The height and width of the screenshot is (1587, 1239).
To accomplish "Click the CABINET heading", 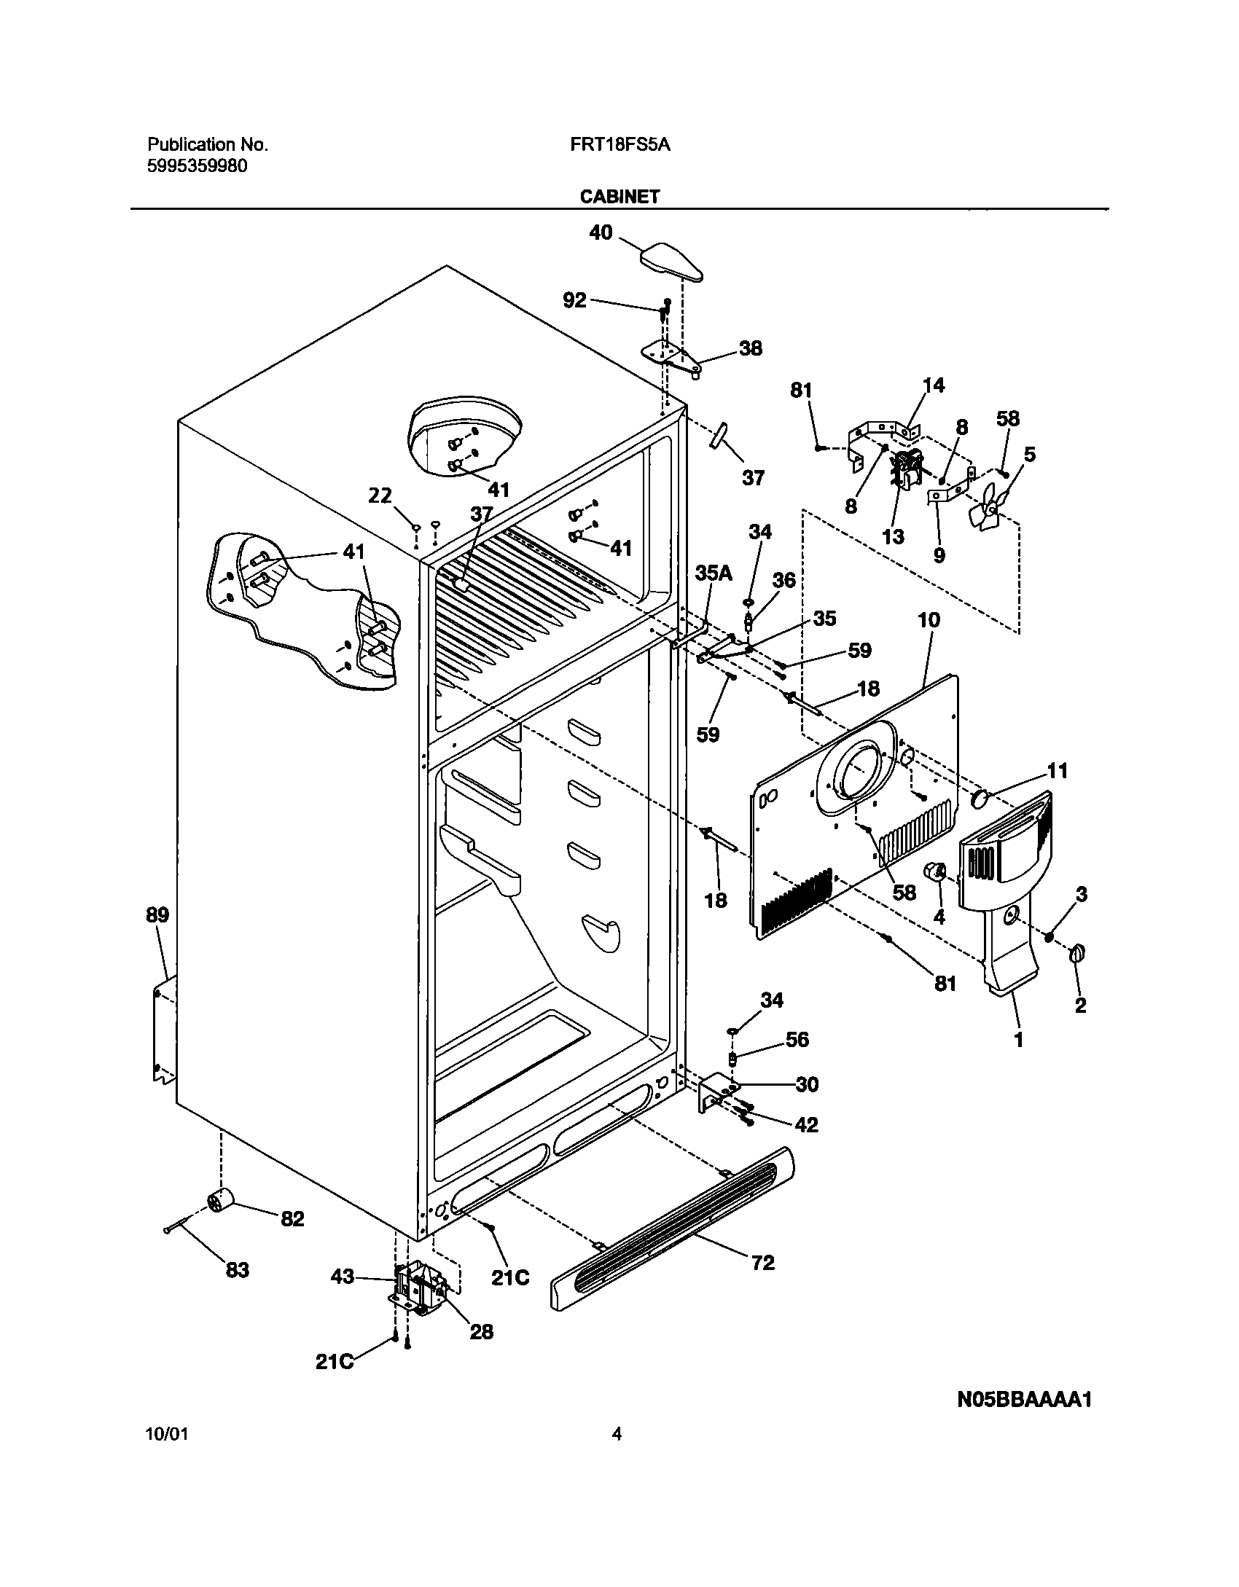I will tap(619, 197).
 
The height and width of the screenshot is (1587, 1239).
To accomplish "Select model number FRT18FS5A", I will tap(620, 145).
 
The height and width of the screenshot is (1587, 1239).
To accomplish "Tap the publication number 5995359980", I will tap(198, 166).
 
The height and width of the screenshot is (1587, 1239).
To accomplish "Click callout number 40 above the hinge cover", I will tap(601, 234).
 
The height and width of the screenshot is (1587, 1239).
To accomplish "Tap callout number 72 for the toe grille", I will tap(762, 1263).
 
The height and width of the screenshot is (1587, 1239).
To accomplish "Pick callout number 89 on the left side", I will tap(157, 915).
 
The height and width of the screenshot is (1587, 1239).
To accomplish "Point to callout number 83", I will tap(238, 1270).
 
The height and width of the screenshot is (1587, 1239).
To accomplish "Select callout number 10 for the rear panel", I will tap(929, 621).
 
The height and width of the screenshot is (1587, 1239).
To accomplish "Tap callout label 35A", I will tap(713, 573).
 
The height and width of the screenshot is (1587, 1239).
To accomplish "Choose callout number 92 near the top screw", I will tap(574, 299).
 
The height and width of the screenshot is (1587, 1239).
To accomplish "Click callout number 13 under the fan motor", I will tap(893, 537).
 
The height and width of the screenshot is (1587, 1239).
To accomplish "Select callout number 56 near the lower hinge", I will tap(797, 1040).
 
